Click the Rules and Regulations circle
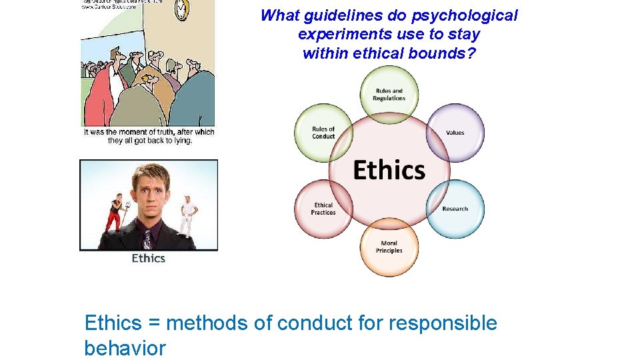[x=389, y=94]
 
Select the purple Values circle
[x=455, y=132]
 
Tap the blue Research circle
[x=455, y=209]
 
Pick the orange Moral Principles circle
[x=389, y=247]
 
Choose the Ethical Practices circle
[x=323, y=209]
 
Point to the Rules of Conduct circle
[x=323, y=132]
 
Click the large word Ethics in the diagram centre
[x=389, y=170]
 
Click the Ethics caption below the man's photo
[x=148, y=258]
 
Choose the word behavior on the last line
[x=125, y=347]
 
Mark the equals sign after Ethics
[x=154, y=324]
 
